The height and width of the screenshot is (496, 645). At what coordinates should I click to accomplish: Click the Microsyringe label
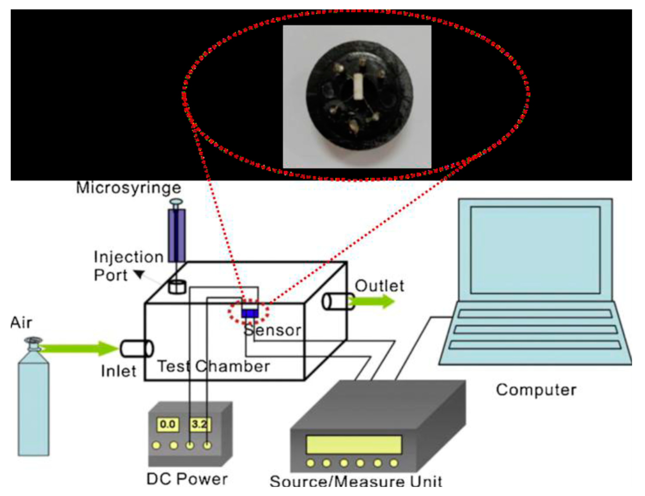(128, 188)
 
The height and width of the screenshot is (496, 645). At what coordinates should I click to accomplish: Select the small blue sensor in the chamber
(250, 313)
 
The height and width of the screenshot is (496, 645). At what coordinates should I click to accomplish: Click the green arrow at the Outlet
(374, 302)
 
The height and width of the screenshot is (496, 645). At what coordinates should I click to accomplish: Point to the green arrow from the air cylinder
(78, 348)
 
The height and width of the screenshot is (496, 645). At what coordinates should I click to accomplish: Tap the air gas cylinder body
(33, 407)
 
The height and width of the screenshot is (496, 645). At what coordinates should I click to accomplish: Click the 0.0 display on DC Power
(167, 424)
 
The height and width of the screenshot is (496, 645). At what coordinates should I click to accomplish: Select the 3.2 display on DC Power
(200, 424)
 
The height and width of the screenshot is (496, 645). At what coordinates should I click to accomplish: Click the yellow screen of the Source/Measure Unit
(354, 445)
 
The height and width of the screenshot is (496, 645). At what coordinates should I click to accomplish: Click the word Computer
(536, 390)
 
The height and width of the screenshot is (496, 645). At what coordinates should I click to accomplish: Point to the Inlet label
(119, 371)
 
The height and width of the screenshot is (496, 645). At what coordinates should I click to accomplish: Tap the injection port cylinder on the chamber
(177, 287)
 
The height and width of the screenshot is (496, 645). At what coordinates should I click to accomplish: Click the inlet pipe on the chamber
(136, 348)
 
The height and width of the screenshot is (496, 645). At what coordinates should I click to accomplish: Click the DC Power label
(187, 479)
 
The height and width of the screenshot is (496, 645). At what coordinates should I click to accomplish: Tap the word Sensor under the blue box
(272, 330)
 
